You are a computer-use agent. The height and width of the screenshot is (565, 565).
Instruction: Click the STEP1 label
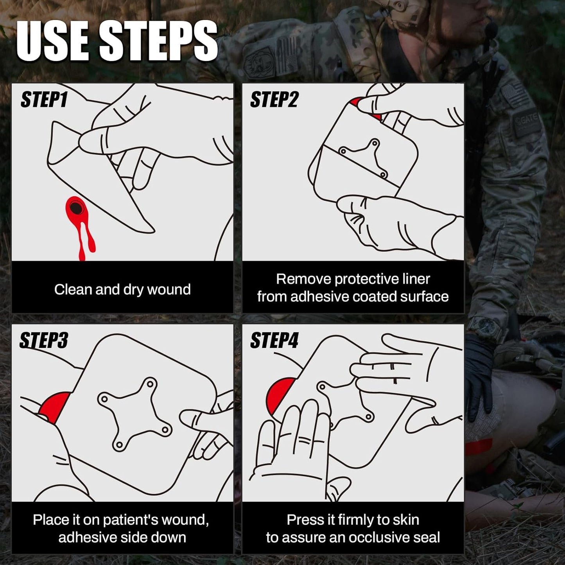pos(44,99)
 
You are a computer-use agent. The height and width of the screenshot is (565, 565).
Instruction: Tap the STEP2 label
pos(274,99)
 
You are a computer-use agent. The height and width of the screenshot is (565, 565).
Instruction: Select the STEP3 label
pos(44,340)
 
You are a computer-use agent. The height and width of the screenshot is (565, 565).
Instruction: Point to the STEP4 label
pos(274,340)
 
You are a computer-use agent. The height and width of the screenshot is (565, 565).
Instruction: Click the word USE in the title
pos(53,41)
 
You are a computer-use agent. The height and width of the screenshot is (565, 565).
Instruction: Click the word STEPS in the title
pos(159,41)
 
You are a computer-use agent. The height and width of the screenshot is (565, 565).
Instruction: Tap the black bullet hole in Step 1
pos(76,208)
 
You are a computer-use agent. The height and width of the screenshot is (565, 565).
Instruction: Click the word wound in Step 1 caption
pos(169,289)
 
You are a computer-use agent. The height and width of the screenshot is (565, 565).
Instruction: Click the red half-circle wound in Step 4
pos(280,396)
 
